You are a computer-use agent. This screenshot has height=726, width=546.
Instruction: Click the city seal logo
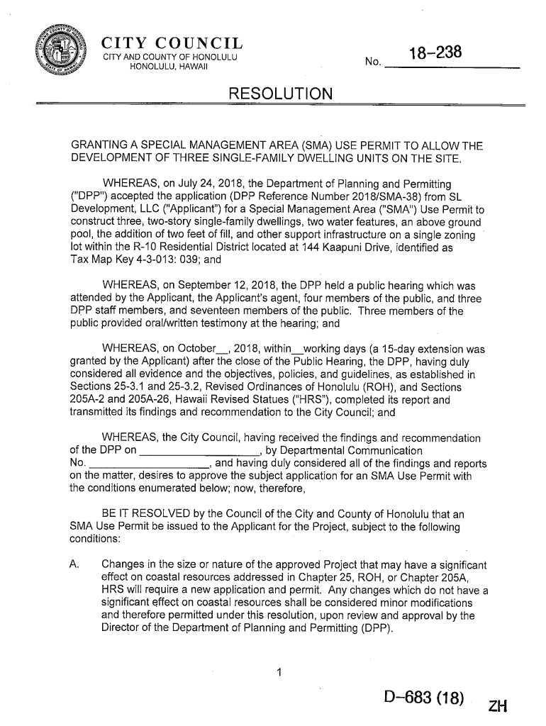tap(62, 52)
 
